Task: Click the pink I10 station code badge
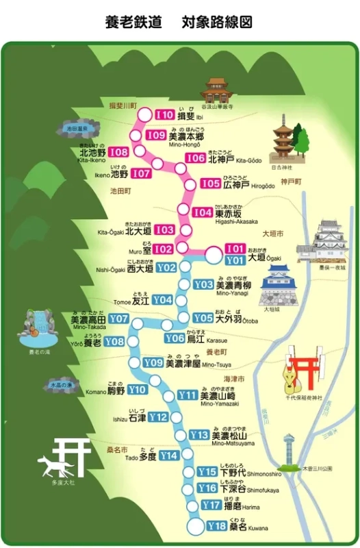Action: point(165,115)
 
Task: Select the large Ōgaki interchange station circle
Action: point(214,255)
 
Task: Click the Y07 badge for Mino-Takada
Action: point(119,319)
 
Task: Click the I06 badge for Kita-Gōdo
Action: point(196,158)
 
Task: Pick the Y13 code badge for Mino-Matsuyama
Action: point(198,435)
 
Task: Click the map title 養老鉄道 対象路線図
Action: point(179,22)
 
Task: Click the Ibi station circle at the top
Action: point(144,115)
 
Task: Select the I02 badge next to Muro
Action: point(162,249)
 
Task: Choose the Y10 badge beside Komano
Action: point(138,390)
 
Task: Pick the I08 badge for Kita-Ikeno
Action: point(118,152)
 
